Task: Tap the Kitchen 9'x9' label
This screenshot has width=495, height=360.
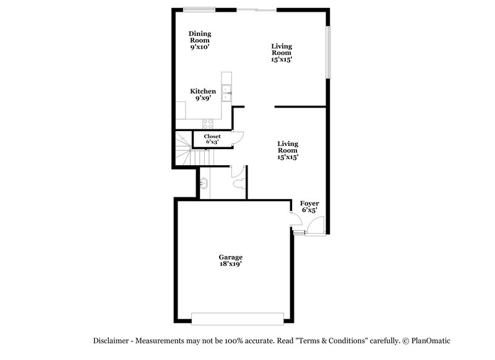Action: (203, 94)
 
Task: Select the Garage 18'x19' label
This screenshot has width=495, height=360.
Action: (230, 260)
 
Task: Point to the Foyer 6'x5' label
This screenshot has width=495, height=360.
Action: (309, 207)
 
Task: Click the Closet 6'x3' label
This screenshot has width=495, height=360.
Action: (212, 139)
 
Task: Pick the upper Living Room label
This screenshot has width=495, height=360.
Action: (282, 53)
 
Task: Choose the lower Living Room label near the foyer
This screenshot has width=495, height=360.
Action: (288, 150)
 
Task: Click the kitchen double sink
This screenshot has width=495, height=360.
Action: (226, 93)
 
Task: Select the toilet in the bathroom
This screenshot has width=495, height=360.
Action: (238, 183)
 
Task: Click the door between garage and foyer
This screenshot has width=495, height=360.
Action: (294, 218)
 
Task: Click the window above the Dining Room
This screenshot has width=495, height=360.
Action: (199, 9)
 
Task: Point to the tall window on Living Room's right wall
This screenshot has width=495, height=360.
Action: (329, 53)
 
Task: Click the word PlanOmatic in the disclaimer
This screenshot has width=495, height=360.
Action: (431, 341)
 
